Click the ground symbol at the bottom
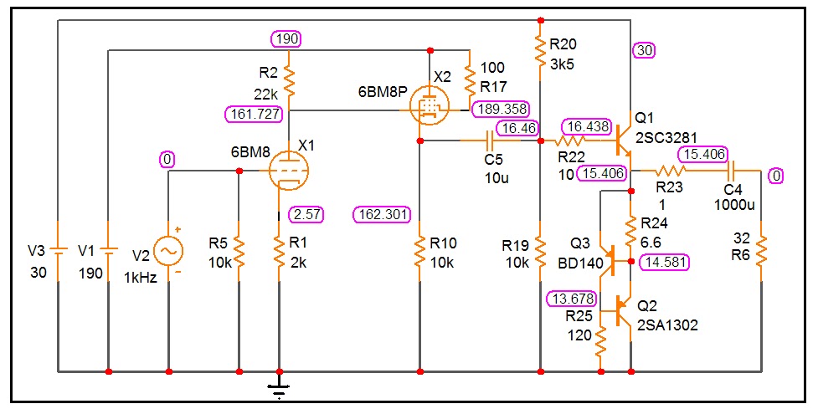(x=279, y=384)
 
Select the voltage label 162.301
(x=382, y=214)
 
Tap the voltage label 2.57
(x=307, y=214)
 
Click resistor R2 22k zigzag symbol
(x=288, y=81)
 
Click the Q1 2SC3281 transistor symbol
(x=623, y=141)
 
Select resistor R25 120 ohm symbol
(x=600, y=338)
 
